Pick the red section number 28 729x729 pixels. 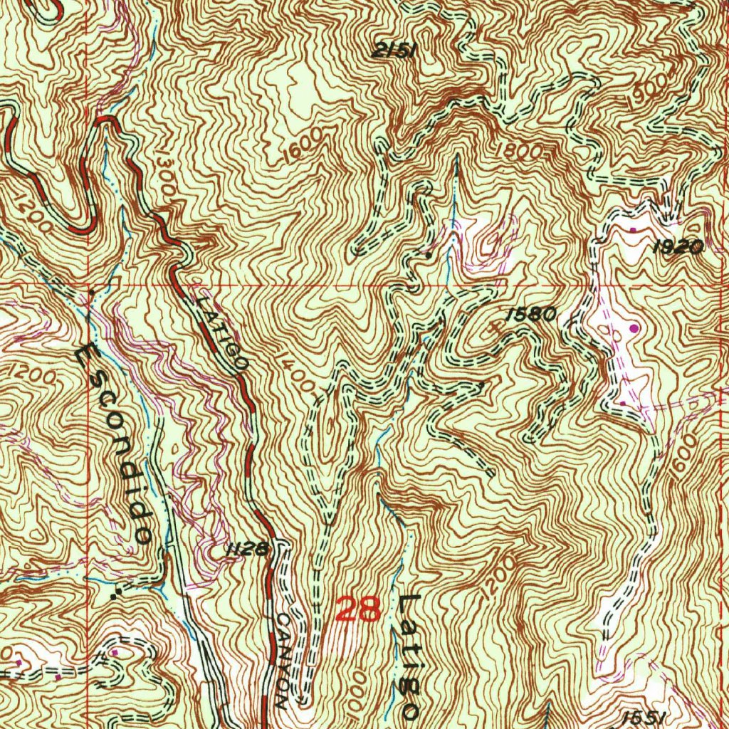click(359, 609)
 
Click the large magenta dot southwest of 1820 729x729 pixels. click(634, 327)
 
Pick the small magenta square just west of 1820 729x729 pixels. click(634, 230)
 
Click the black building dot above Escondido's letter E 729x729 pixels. click(91, 291)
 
